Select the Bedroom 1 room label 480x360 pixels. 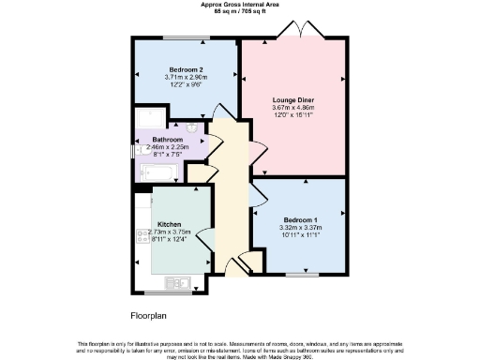(x=300, y=218)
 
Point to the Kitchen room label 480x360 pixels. (x=170, y=224)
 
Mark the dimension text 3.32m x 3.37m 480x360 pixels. (x=300, y=226)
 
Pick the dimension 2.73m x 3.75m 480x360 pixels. (x=170, y=232)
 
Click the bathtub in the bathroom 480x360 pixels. (x=160, y=171)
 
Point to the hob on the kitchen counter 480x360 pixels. (x=142, y=241)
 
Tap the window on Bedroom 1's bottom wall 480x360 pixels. (x=300, y=275)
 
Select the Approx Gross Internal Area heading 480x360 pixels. (x=241, y=4)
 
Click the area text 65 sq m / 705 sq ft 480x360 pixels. (x=241, y=10)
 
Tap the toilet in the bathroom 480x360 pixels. (x=193, y=127)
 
